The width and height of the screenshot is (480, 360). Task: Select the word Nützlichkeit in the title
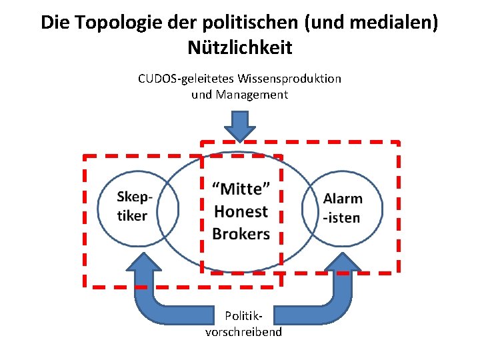[240, 48]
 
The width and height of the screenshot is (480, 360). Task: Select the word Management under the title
[251, 95]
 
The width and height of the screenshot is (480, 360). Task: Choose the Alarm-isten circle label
[342, 208]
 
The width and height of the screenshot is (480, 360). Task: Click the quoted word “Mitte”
[241, 189]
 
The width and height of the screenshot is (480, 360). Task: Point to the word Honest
[241, 211]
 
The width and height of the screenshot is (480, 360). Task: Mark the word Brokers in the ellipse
[241, 233]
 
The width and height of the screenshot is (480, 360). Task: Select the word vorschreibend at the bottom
[244, 332]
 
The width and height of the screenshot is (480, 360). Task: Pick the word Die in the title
[55, 23]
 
